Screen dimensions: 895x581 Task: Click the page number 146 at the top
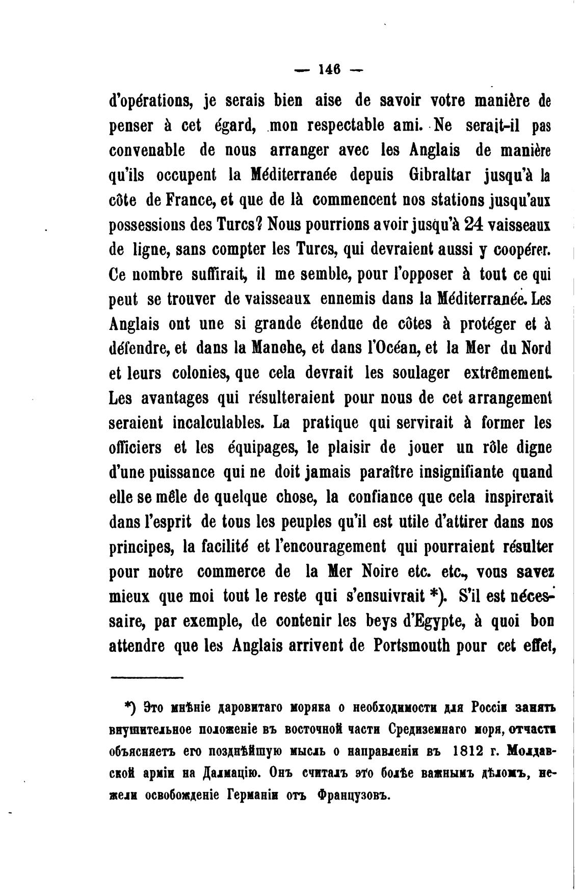pyautogui.click(x=329, y=69)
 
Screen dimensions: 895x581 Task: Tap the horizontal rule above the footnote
pyautogui.click(x=147, y=678)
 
